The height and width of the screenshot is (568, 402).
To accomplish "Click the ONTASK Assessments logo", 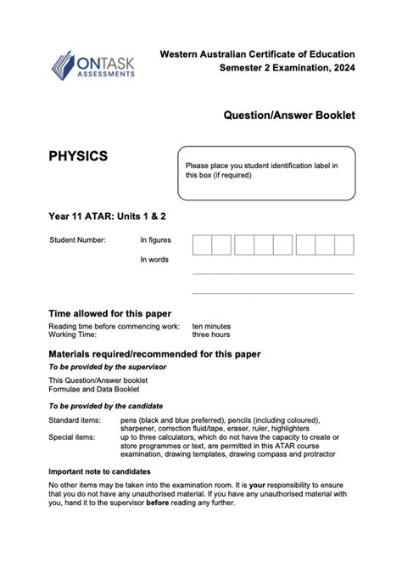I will pyautogui.click(x=93, y=65).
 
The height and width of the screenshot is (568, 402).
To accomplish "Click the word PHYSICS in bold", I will pyautogui.click(x=78, y=156).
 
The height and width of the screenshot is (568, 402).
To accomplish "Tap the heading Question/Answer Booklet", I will pyautogui.click(x=289, y=114).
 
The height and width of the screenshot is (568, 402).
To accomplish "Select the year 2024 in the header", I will pyautogui.click(x=341, y=68).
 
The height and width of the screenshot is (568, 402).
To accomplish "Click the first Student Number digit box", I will pyautogui.click(x=202, y=245).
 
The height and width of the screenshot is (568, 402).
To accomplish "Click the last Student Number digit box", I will pyautogui.click(x=343, y=245).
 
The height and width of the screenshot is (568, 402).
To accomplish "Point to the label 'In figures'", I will pyautogui.click(x=155, y=240).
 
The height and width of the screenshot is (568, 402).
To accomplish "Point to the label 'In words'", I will pyautogui.click(x=154, y=260).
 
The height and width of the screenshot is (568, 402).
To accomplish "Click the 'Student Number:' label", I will pyautogui.click(x=78, y=240).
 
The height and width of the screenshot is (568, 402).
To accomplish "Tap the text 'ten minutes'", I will pyautogui.click(x=211, y=326).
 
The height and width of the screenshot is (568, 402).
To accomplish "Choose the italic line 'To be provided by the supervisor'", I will pyautogui.click(x=107, y=367).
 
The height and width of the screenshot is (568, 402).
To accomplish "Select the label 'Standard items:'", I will pyautogui.click(x=75, y=420).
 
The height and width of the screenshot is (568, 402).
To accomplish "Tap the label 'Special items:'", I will pyautogui.click(x=73, y=438).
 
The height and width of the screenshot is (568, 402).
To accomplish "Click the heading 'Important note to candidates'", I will pyautogui.click(x=99, y=471).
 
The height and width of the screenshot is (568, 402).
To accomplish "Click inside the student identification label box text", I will pyautogui.click(x=261, y=170).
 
